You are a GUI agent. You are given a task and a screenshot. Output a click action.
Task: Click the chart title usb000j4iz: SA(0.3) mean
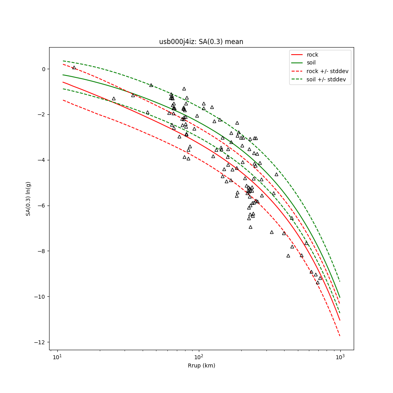(x=201, y=42)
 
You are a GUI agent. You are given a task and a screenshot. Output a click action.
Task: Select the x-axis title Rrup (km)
(x=201, y=365)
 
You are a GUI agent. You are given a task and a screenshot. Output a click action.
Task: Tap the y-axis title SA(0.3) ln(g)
(x=28, y=198)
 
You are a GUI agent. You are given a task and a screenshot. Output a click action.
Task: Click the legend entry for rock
(x=312, y=55)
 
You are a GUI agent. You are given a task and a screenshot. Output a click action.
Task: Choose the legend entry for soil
(x=311, y=62)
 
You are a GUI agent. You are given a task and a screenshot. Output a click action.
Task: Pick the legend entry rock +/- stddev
(x=327, y=71)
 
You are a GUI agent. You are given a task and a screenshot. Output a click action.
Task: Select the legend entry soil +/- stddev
(x=327, y=79)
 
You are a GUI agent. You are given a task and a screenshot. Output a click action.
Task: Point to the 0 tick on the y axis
(x=44, y=69)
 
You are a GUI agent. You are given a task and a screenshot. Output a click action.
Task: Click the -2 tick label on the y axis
(x=42, y=115)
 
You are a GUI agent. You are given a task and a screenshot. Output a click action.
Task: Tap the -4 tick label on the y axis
(x=42, y=160)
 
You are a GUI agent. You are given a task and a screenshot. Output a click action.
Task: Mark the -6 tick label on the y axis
(x=42, y=206)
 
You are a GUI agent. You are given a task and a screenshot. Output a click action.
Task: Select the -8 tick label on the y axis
(x=42, y=251)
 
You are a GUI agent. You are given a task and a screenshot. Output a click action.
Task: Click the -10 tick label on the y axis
(x=41, y=297)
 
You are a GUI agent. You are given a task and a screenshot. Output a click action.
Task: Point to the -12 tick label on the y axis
(x=41, y=342)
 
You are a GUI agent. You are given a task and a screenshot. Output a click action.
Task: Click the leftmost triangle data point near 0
(x=74, y=68)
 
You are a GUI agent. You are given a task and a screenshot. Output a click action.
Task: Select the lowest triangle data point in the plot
(x=318, y=283)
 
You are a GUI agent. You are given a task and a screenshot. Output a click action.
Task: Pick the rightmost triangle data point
(x=320, y=278)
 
